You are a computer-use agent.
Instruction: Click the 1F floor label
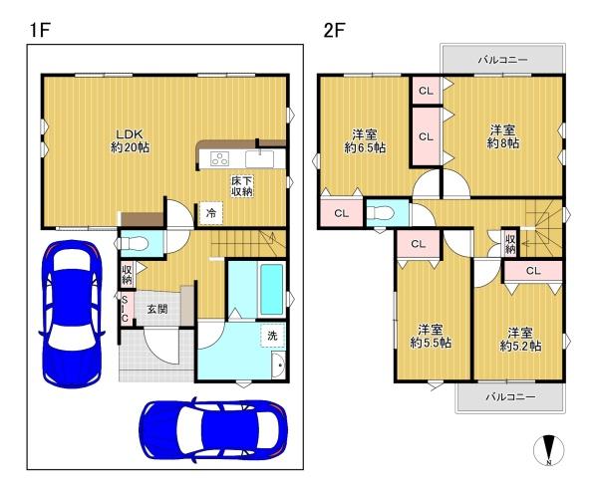point(41,30)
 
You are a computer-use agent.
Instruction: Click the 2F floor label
point(334,30)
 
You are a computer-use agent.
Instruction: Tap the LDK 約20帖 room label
point(130,140)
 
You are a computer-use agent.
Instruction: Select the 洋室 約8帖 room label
point(503,136)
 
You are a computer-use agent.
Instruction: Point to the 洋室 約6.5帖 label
point(365,141)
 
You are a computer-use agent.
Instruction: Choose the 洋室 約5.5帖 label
point(431,336)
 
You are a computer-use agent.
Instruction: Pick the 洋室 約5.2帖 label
point(520,339)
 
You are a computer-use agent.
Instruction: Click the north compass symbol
point(549,450)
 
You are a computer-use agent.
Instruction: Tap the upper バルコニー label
point(503,60)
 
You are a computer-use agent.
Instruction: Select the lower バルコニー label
point(510,396)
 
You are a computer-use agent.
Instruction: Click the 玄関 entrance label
point(157,309)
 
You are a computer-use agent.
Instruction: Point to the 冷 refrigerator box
point(211,213)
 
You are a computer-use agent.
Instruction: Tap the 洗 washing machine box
point(272,335)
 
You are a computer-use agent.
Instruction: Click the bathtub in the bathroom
point(272,289)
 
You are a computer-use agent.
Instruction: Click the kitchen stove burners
point(219,158)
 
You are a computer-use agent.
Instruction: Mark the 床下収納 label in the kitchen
point(242,186)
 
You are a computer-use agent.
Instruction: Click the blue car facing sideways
point(213,430)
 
